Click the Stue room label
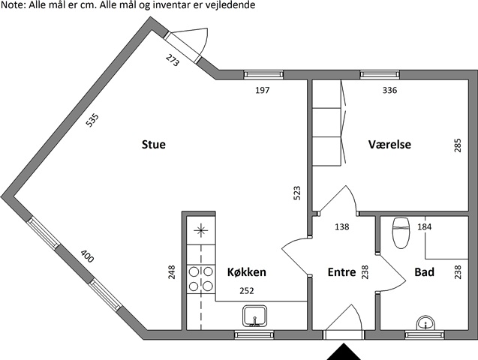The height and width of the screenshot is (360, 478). [154, 144]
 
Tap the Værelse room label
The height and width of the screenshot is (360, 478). [389, 144]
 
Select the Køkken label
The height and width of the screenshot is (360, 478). [247, 272]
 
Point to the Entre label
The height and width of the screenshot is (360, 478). [341, 272]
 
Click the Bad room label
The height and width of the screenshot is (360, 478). [425, 272]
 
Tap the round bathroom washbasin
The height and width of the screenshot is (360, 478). [426, 323]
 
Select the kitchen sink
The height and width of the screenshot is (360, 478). [255, 316]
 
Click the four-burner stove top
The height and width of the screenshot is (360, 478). [201, 279]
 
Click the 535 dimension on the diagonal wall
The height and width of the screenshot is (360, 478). [92, 120]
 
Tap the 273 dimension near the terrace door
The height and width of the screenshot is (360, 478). [173, 60]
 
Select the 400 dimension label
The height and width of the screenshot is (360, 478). [87, 256]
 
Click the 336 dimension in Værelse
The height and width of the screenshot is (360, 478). [389, 90]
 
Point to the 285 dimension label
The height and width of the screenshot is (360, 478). [458, 145]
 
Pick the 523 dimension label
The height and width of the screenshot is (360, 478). [296, 193]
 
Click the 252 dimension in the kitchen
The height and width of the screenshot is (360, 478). [247, 291]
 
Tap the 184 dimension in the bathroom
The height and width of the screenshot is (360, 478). [425, 226]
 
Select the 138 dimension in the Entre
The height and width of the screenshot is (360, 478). [341, 226]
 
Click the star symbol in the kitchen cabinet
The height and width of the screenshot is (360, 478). [201, 230]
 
